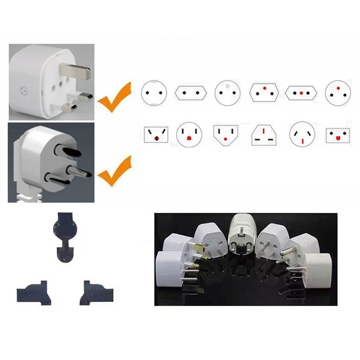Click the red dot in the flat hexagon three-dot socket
tap(301, 93)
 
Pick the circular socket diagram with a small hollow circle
tap(228, 92)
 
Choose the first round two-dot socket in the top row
tap(154, 93)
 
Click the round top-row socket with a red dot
tap(338, 93)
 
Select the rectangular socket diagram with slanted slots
tap(155, 135)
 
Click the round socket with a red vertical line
tap(302, 135)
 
